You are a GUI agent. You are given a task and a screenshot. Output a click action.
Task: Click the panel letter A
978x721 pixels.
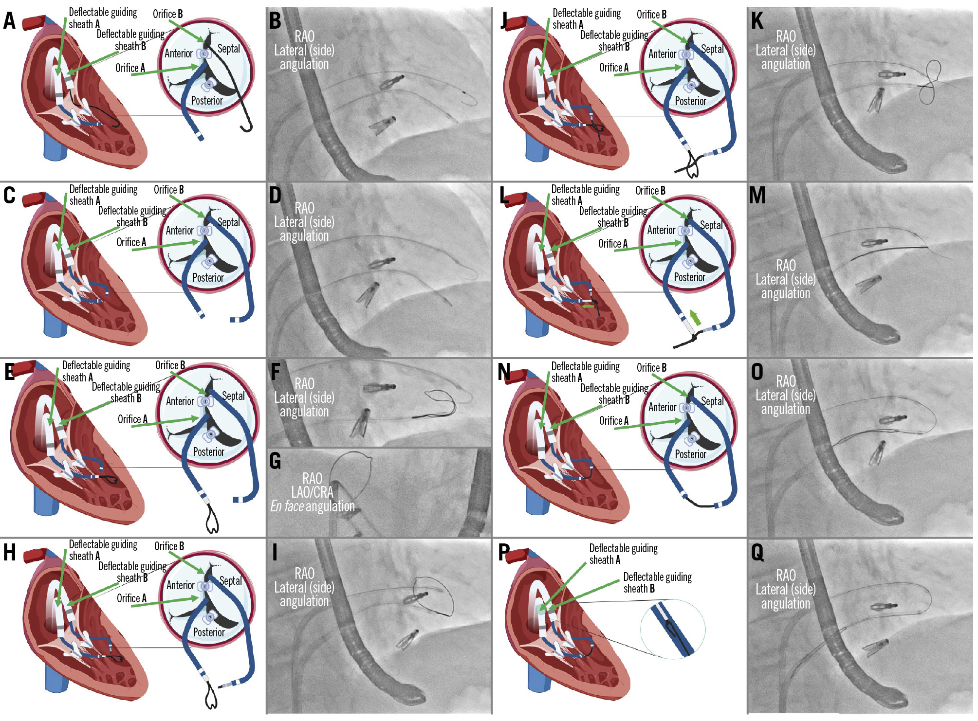pyautogui.click(x=10, y=21)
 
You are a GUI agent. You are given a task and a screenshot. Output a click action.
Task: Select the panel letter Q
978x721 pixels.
pyautogui.click(x=757, y=552)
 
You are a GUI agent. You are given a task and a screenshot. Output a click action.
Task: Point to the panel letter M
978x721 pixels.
pyautogui.click(x=757, y=196)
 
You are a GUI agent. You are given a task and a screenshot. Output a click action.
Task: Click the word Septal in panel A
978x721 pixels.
pyautogui.click(x=228, y=49)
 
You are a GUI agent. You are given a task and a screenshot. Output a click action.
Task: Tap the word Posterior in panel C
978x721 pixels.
pyautogui.click(x=208, y=278)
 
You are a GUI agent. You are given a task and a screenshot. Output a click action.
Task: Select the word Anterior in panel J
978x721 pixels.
pyautogui.click(x=662, y=54)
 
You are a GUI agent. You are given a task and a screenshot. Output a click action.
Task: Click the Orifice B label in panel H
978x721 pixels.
pyautogui.click(x=169, y=546)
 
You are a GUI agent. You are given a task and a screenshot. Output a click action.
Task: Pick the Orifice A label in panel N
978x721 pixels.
pyautogui.click(x=613, y=421)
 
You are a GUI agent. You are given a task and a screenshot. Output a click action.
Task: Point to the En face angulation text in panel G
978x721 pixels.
pyautogui.click(x=312, y=506)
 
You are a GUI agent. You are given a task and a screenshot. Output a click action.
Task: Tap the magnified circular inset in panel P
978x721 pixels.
pyautogui.click(x=672, y=630)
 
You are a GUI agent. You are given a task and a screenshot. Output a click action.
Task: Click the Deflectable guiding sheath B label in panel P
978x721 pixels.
pyautogui.click(x=657, y=582)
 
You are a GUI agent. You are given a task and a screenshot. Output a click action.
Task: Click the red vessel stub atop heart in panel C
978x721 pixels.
pyautogui.click(x=35, y=199)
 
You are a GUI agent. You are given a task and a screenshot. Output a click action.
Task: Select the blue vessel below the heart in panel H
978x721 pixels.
pyautogui.click(x=56, y=679)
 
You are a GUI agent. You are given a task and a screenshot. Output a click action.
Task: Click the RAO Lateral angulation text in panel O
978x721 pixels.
pyautogui.click(x=785, y=395)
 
